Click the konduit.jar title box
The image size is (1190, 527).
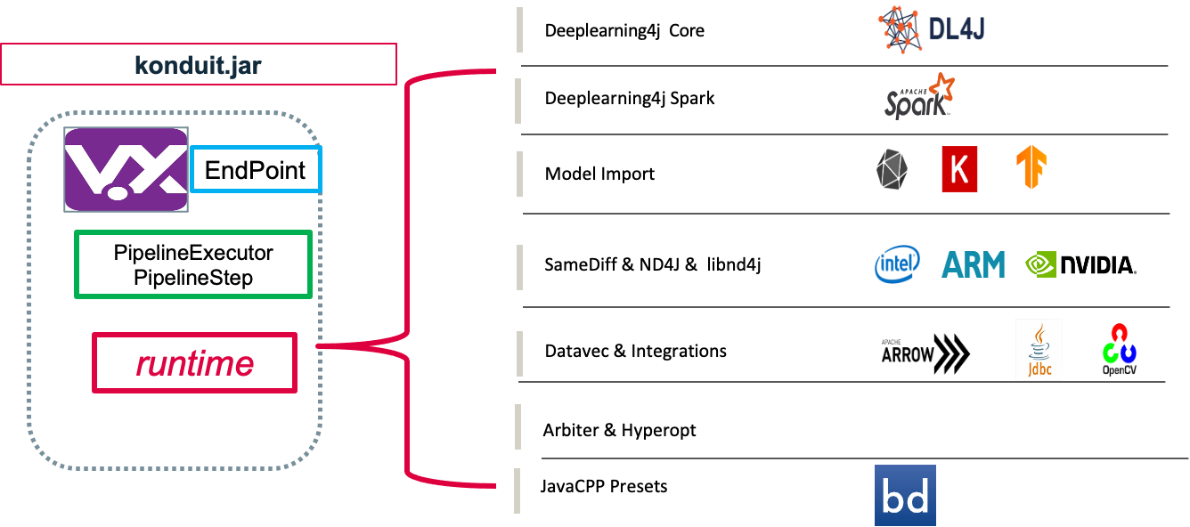coord(198,64)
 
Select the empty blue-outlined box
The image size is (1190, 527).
coord(256,169)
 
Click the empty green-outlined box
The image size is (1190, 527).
coord(193,264)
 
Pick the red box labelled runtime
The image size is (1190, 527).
coord(194,363)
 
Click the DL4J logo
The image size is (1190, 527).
coord(931,30)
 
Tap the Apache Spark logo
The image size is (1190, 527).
coord(919,96)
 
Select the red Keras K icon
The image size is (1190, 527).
coord(959,169)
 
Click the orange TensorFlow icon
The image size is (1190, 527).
coord(1032,167)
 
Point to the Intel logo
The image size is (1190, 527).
coord(897,264)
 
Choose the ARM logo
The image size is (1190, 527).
coord(975,264)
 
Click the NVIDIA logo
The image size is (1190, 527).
coord(1080,264)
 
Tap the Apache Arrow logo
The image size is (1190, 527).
coord(925,354)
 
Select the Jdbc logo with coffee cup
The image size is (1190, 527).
coord(1039,350)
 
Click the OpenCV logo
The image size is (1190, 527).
coord(1119,350)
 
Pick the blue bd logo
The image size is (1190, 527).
coord(905,495)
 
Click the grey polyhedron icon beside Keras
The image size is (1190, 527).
coord(892,169)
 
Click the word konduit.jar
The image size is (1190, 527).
coord(198,65)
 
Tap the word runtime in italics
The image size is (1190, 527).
coord(194,364)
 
